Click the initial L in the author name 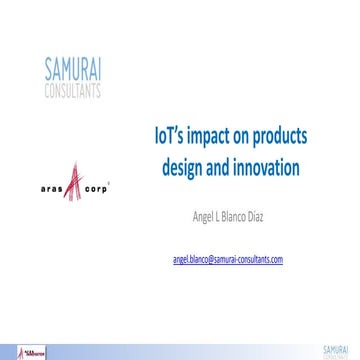click(x=232, y=213)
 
